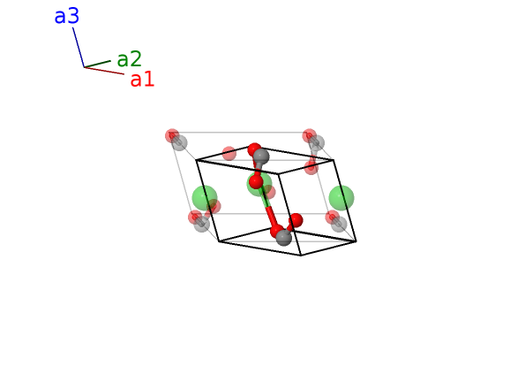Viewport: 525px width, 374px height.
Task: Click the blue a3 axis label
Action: point(67,16)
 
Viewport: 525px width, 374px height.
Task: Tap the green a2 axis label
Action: point(129,59)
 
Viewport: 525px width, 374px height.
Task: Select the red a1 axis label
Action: point(142,80)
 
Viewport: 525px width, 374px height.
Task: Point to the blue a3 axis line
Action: point(79,47)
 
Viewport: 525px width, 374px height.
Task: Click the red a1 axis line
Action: point(104,71)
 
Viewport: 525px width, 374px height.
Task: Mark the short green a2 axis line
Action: point(97,64)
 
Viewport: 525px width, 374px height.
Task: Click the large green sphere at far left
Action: point(205,198)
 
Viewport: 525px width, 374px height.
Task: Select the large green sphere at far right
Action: point(341,198)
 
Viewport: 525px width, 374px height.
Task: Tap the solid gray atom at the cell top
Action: point(261,156)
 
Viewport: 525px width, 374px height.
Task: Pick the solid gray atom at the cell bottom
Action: point(283,238)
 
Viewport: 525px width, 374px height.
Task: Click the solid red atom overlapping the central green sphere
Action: point(256,182)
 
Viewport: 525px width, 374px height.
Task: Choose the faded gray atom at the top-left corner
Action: point(179,142)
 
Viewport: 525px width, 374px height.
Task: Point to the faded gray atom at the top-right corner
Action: point(317,142)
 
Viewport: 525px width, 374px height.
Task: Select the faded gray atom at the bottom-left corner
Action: point(202,224)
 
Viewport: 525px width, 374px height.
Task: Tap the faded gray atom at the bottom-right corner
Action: point(339,224)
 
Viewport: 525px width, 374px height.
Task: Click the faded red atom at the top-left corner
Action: point(172,135)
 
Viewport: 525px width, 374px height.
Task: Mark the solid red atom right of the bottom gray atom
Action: point(296,220)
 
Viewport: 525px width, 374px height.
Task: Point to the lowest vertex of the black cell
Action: point(301,256)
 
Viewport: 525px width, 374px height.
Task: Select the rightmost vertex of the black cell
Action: point(356,241)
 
